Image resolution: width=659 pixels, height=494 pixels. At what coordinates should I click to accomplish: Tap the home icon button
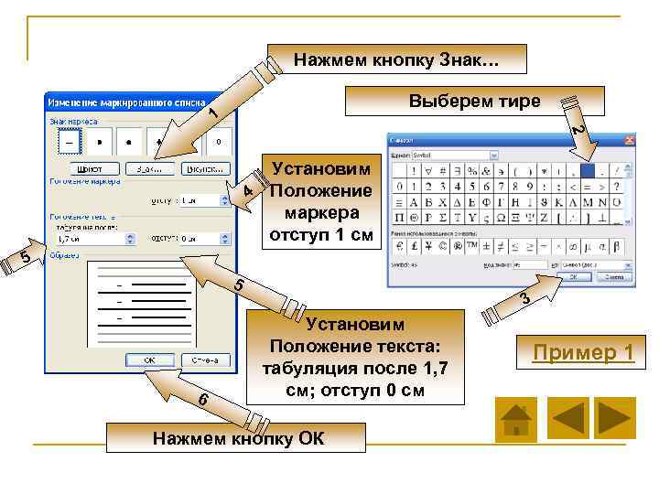point(515,419)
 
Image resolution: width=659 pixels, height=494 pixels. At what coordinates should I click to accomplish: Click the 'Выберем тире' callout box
point(473,102)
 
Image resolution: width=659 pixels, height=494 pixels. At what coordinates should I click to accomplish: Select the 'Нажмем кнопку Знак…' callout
point(396,59)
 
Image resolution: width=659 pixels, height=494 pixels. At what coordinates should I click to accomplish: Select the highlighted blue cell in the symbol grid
point(589,170)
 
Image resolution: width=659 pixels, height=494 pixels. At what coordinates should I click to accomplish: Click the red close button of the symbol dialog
point(629,141)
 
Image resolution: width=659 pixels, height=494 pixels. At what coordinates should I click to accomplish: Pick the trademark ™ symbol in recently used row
point(472,245)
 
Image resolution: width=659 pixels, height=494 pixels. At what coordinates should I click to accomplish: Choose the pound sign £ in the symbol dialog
point(414,245)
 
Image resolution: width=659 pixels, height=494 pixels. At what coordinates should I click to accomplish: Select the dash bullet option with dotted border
point(69,143)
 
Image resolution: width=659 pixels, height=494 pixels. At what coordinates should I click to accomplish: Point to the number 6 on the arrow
point(202,402)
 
